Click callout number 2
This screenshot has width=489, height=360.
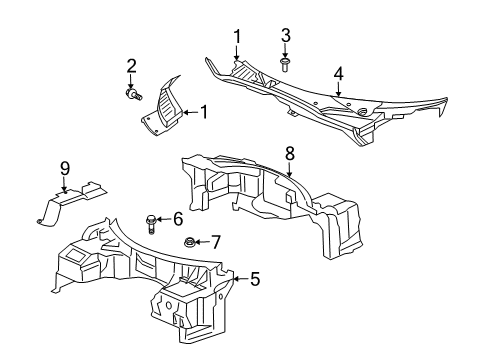click(x=131, y=66)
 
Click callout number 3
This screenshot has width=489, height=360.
click(x=285, y=37)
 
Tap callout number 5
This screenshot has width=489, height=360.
click(x=254, y=281)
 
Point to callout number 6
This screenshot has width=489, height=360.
click(x=178, y=218)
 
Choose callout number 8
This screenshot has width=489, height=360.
click(x=289, y=153)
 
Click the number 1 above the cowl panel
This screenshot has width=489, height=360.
click(x=237, y=37)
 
